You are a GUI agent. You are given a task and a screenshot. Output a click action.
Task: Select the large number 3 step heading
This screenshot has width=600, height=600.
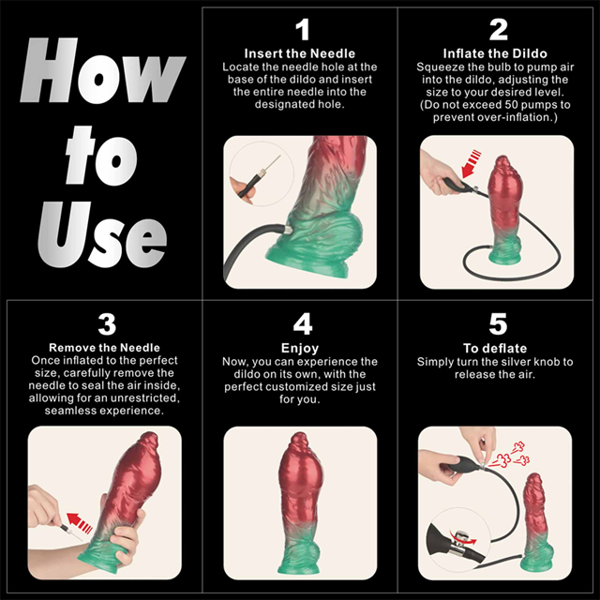click(107, 324)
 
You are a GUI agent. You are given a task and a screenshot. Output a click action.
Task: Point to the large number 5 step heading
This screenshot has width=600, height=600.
click(499, 324)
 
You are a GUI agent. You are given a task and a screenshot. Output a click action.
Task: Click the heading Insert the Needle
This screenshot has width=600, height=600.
click(301, 53)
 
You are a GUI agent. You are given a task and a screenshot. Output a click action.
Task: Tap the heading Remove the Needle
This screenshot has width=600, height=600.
click(107, 348)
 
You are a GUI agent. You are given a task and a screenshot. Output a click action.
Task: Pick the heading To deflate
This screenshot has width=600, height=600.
click(499, 348)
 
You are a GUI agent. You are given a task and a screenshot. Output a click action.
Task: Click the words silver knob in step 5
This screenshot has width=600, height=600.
click(539, 362)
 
